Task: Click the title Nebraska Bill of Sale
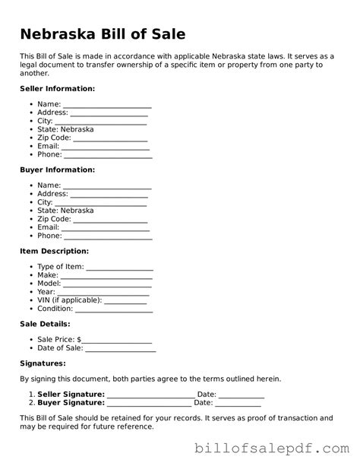[x=103, y=35]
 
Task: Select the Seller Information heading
[x=57, y=89]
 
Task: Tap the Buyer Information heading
[x=57, y=170]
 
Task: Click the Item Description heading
[x=54, y=251]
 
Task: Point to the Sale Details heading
[x=46, y=324]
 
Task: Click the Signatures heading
[x=43, y=363]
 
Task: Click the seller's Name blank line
[x=107, y=106]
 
